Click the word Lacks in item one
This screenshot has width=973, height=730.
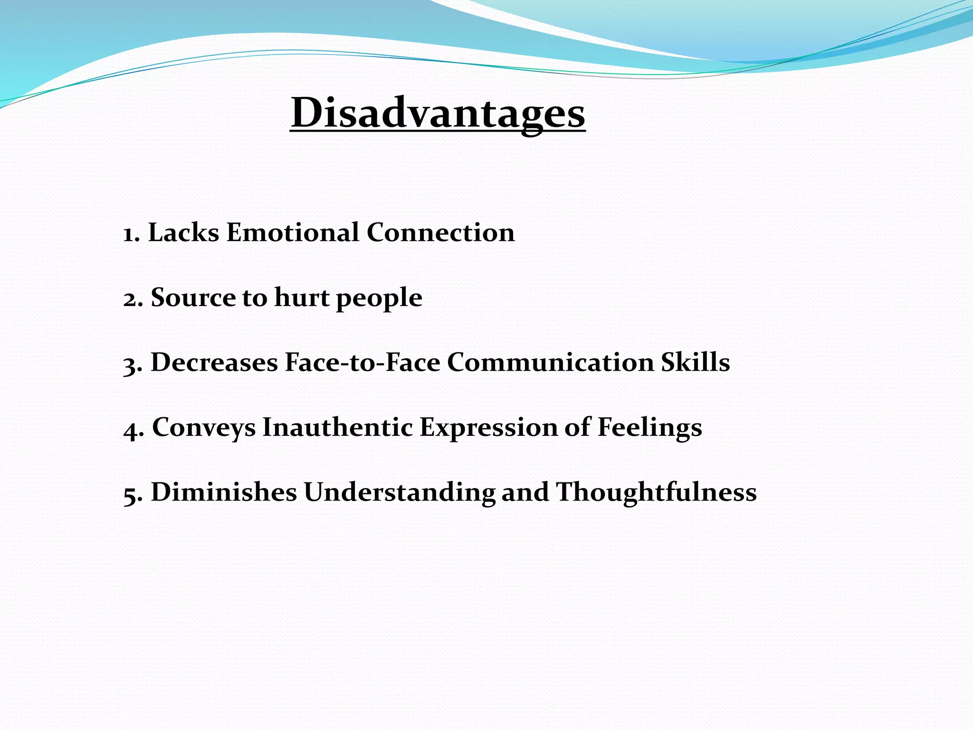pyautogui.click(x=183, y=233)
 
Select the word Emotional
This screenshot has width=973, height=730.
pyautogui.click(x=293, y=233)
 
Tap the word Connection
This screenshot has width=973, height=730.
pyautogui.click(x=440, y=233)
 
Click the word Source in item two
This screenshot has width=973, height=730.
pyautogui.click(x=192, y=298)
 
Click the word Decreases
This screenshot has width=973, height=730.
pyautogui.click(x=214, y=363)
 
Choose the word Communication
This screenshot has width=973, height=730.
pyautogui.click(x=551, y=363)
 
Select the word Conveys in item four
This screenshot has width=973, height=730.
pyautogui.click(x=204, y=428)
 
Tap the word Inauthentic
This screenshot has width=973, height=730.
pyautogui.click(x=337, y=427)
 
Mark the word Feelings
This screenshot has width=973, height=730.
pyautogui.click(x=649, y=428)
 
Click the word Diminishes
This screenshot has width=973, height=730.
pyautogui.click(x=224, y=492)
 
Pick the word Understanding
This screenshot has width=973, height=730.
pyautogui.click(x=400, y=492)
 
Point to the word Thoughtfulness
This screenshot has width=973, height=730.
pyautogui.click(x=656, y=492)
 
